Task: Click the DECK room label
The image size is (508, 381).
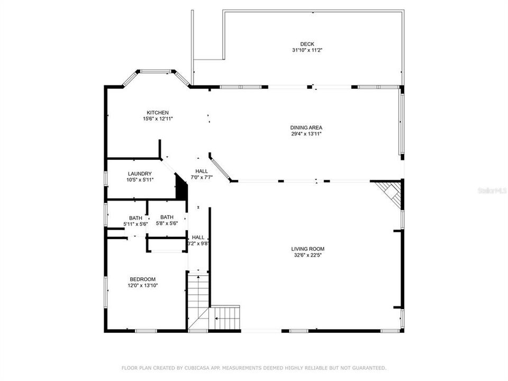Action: (x=307, y=44)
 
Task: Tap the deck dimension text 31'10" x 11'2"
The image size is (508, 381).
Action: (x=307, y=50)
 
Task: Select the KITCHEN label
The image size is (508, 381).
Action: (x=158, y=112)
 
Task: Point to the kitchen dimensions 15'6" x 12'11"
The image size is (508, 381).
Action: (x=158, y=119)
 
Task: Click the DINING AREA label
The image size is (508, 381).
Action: (x=306, y=128)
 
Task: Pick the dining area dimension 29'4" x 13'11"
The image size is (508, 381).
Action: (x=306, y=134)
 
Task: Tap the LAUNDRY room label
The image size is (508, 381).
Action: (x=140, y=174)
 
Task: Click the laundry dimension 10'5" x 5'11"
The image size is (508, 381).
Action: (x=140, y=180)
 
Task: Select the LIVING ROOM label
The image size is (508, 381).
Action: (x=307, y=249)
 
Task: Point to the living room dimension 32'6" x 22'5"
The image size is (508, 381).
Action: (x=307, y=255)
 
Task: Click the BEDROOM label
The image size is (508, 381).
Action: (x=143, y=279)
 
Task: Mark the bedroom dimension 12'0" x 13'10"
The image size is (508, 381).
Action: (x=143, y=286)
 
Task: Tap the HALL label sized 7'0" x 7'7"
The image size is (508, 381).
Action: (x=202, y=171)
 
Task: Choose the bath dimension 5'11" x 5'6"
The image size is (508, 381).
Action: (x=135, y=224)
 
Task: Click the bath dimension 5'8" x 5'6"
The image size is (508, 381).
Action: (x=167, y=223)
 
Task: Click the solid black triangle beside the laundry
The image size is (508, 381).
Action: (x=182, y=189)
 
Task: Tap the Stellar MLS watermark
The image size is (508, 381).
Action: (x=492, y=189)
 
